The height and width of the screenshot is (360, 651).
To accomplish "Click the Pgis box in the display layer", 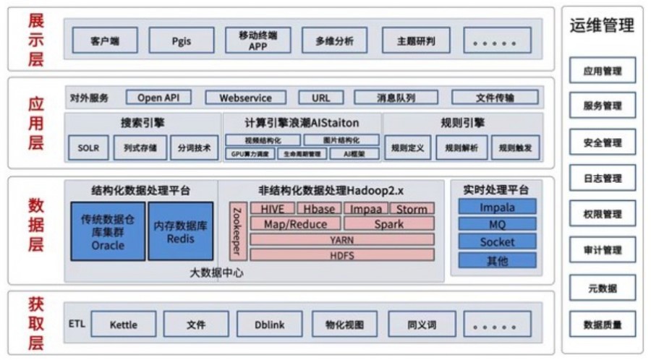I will (x=181, y=40).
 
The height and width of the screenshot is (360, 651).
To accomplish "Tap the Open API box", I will (x=158, y=98).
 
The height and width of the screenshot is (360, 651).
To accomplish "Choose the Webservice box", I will (x=246, y=98).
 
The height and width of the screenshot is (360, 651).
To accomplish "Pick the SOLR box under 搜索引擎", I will (x=88, y=148).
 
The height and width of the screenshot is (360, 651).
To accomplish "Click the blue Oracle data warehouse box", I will (x=108, y=231).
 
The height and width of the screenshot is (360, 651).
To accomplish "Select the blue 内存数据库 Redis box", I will (x=181, y=231).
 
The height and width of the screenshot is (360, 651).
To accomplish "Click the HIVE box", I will (x=272, y=209).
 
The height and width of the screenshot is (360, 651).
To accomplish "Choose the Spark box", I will (x=389, y=224).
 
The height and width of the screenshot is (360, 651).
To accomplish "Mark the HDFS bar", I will (x=342, y=254).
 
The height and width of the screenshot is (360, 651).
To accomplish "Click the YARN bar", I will (x=342, y=239).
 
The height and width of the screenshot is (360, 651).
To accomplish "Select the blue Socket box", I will (x=498, y=242).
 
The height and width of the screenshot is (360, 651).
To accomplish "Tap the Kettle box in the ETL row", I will (x=123, y=325).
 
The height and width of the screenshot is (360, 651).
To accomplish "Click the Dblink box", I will (x=269, y=325).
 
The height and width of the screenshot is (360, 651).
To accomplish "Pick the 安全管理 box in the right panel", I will (x=603, y=142).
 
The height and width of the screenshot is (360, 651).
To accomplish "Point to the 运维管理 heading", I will (x=603, y=27).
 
